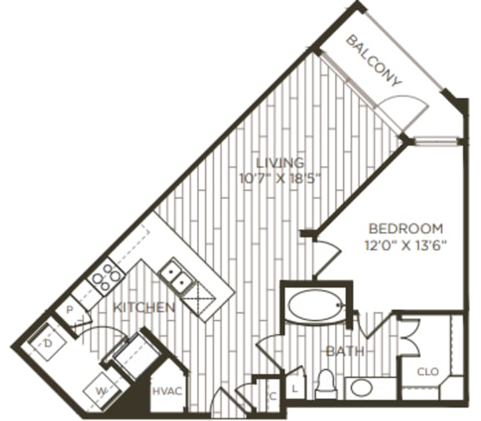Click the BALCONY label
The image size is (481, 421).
pos(376,59)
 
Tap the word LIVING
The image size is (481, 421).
pos(280,162)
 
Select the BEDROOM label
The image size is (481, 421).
pos(407,229)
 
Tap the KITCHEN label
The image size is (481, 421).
pos(145,308)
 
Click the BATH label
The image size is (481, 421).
pos(345,352)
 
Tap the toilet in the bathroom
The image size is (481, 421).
pos(325,387)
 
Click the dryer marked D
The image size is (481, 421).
pos(48,342)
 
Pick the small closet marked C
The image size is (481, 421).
pos(273,397)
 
